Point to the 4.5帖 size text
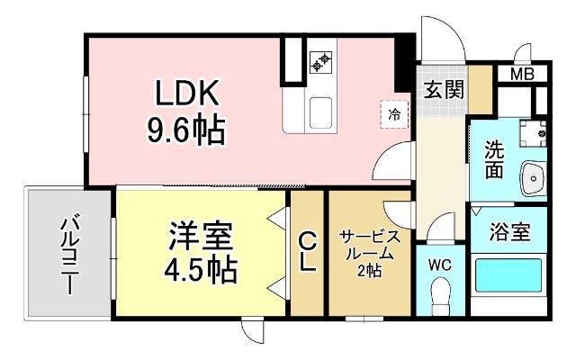(x=201, y=268)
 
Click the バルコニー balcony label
(x=67, y=256)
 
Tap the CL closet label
(x=307, y=253)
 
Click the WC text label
(x=440, y=265)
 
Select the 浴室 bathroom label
(x=508, y=231)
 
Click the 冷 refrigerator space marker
(x=394, y=113)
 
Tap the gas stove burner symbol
(x=320, y=61)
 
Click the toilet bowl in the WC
(x=440, y=292)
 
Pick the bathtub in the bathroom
(x=508, y=281)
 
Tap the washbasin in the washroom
(x=534, y=178)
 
